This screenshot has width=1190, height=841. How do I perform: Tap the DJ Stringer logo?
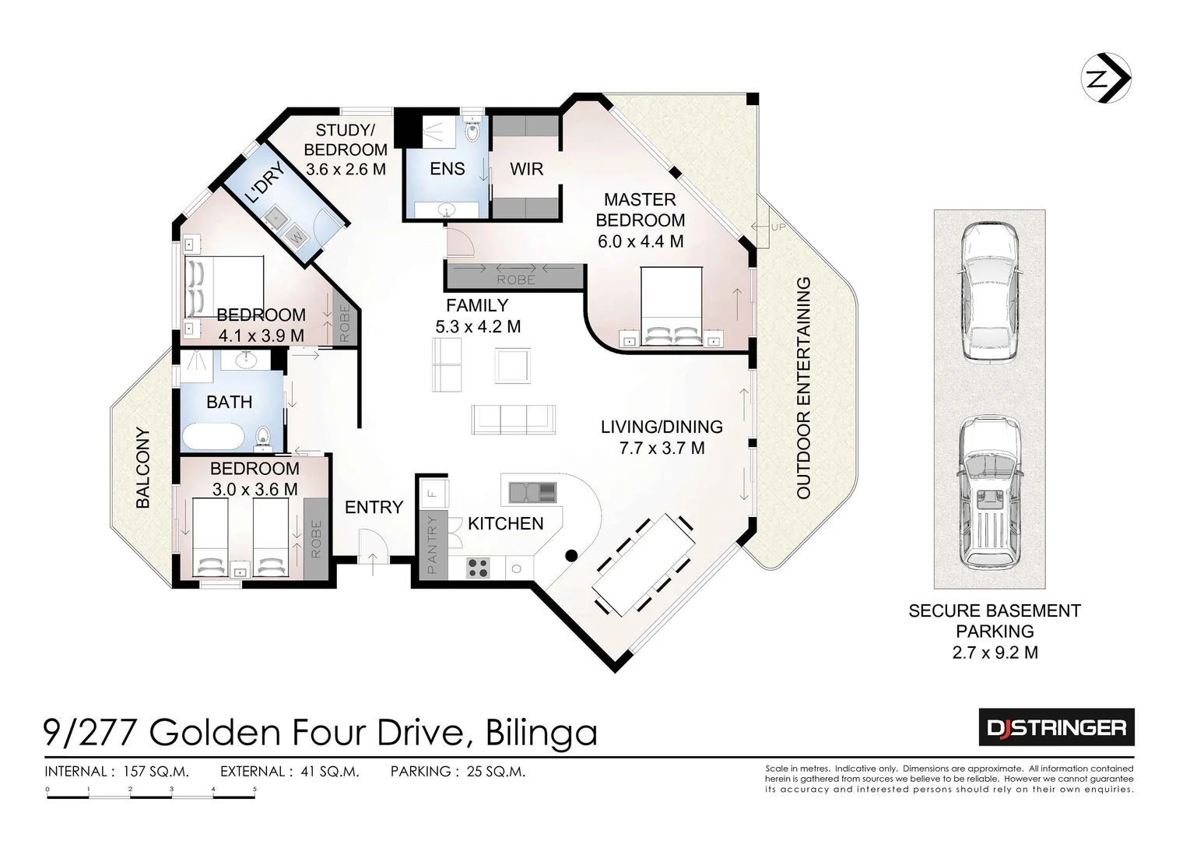[1057, 727]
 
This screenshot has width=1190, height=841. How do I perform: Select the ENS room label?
[448, 169]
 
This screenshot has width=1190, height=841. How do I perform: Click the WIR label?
[526, 169]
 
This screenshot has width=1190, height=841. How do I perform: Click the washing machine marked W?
[297, 237]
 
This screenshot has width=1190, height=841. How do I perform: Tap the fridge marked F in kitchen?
[434, 494]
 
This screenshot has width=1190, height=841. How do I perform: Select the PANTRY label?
[432, 544]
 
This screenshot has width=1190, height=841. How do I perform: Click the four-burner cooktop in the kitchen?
[478, 567]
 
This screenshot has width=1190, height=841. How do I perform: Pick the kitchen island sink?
[533, 492]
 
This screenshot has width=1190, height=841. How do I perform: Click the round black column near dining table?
[571, 555]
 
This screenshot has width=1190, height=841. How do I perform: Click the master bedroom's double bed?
[672, 306]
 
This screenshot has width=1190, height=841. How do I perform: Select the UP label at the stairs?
[778, 227]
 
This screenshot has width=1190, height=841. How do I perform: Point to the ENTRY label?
[374, 507]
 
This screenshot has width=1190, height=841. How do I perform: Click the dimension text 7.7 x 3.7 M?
[662, 448]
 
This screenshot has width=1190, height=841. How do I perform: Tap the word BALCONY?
[143, 468]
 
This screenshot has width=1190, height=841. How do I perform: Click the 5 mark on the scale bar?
[254, 789]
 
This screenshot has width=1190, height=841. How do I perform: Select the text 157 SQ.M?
[156, 772]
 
